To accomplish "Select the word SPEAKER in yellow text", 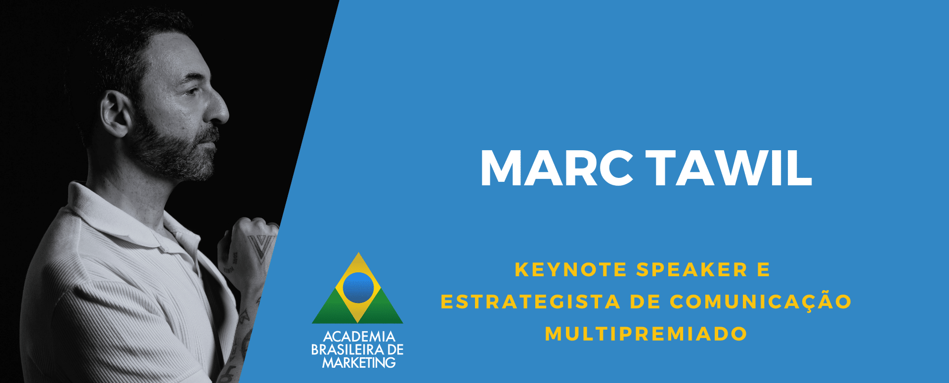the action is pos(692,270).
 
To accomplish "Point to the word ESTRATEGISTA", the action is pos(530,302).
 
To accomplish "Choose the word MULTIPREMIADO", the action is pos(646,334).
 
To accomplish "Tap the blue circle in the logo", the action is pos(358,288).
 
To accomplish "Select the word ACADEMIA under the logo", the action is pos(359,337).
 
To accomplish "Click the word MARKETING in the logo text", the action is pos(359,363).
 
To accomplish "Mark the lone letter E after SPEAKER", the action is pos(764,270).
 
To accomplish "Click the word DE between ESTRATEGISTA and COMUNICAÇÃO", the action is pos(646,302).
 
